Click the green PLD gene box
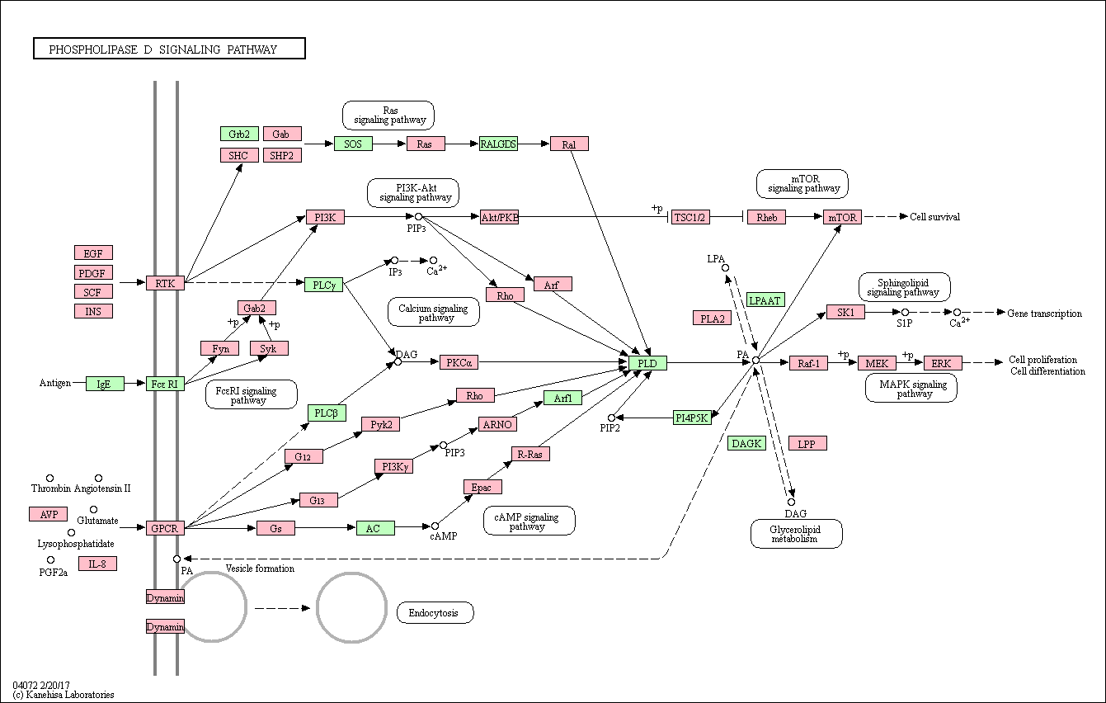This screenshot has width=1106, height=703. (647, 363)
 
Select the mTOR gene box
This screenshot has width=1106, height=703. (842, 217)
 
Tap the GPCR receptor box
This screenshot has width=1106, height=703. (165, 528)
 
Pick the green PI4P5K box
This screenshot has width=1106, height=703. (692, 418)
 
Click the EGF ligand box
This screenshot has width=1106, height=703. (93, 253)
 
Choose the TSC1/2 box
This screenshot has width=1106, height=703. (690, 217)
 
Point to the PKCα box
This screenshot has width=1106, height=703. (459, 362)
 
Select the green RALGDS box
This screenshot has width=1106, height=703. (498, 144)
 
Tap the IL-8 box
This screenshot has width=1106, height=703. (97, 564)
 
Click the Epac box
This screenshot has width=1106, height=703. (482, 487)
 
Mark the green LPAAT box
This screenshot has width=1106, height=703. (765, 300)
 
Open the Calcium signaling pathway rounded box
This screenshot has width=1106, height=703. (434, 312)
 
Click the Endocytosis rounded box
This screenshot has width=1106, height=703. (435, 612)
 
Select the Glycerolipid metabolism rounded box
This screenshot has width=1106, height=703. (796, 534)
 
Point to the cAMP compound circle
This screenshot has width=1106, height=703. (435, 526)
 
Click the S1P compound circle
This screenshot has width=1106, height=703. (905, 312)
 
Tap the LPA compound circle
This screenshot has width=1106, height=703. (725, 268)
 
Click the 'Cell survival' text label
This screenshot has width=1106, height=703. (934, 217)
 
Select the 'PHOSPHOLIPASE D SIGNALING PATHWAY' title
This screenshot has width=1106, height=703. (163, 50)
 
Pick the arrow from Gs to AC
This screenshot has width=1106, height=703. (326, 528)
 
